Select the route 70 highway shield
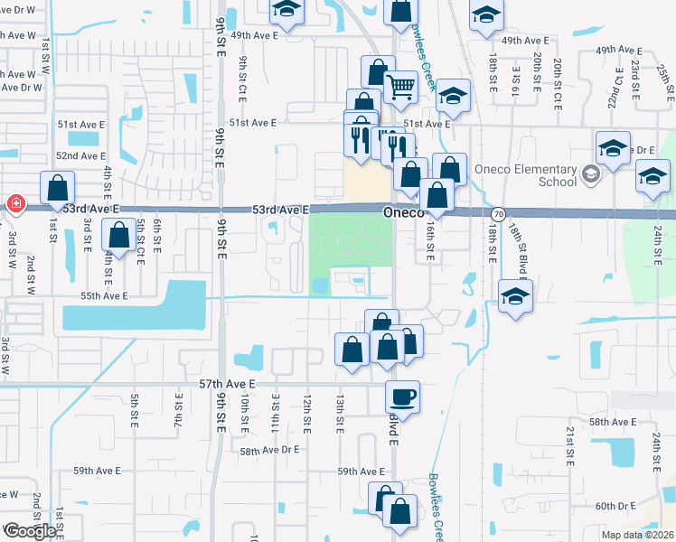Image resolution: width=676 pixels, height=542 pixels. click(x=498, y=214)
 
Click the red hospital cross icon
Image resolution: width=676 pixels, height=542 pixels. click(x=15, y=204)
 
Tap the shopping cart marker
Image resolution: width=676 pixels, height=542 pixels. click(x=400, y=89)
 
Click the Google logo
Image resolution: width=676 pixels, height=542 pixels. click(x=29, y=531)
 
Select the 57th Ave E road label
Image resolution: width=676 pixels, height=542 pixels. click(x=228, y=384)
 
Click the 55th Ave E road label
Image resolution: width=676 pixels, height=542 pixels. click(x=104, y=295)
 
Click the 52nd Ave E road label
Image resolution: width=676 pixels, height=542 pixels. click(x=81, y=155)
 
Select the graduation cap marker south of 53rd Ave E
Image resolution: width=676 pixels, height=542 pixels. click(x=514, y=296)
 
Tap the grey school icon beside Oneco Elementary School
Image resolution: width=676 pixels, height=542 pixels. click(x=590, y=173)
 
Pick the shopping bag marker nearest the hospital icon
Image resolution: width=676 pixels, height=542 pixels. click(x=58, y=189)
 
